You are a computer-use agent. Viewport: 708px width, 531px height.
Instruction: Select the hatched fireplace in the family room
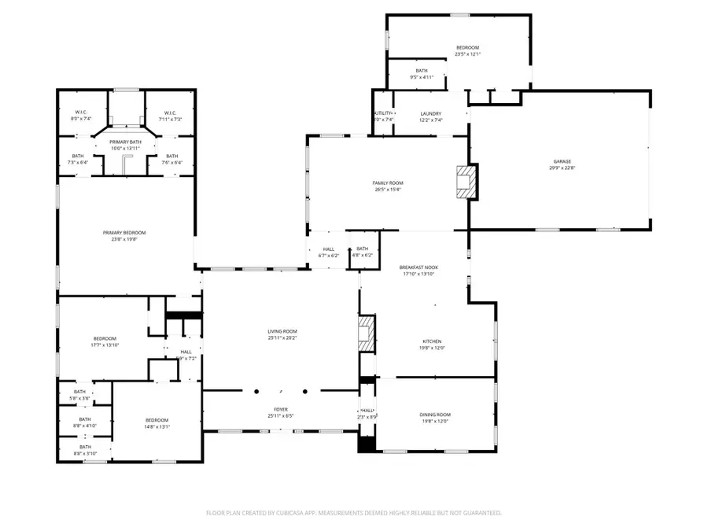[466, 181]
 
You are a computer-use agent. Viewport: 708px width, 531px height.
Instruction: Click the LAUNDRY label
[430, 113]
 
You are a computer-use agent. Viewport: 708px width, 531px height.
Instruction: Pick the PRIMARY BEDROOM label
[124, 232]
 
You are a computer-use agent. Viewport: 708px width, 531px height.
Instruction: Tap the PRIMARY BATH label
[124, 142]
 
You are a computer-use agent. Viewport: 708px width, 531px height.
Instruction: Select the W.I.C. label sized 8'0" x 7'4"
[82, 112]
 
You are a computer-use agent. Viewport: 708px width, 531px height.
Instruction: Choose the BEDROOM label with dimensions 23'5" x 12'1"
[467, 48]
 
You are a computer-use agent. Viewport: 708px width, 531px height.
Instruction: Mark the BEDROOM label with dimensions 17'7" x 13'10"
[105, 338]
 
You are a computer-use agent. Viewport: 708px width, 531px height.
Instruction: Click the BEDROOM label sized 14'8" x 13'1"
[156, 419]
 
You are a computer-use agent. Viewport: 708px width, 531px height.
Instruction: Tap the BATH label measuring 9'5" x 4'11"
[422, 71]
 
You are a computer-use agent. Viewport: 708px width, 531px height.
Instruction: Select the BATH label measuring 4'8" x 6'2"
[363, 249]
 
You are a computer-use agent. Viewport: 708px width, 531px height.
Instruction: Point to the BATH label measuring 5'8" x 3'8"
[80, 392]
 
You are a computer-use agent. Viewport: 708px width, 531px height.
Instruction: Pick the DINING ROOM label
[435, 415]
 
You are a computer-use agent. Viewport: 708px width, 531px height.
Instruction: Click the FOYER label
[281, 409]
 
